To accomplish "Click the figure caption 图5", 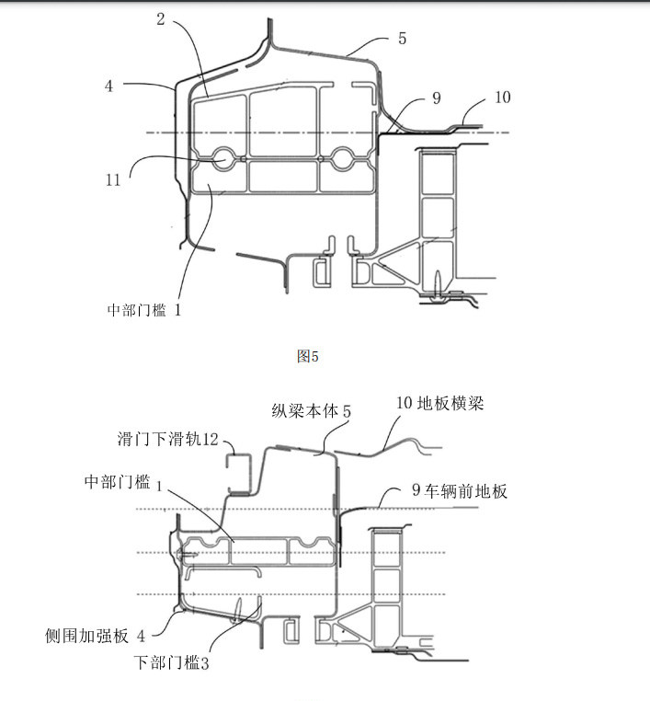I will [x=308, y=356].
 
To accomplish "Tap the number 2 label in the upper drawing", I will [x=160, y=19].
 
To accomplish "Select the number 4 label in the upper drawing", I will [x=108, y=86].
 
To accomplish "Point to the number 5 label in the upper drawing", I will [x=402, y=39].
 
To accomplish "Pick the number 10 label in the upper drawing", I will [x=502, y=97].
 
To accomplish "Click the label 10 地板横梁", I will [x=440, y=403].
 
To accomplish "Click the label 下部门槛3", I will [x=172, y=661].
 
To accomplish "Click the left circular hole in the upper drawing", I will [x=223, y=158].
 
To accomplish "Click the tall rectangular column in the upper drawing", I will [x=439, y=216].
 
